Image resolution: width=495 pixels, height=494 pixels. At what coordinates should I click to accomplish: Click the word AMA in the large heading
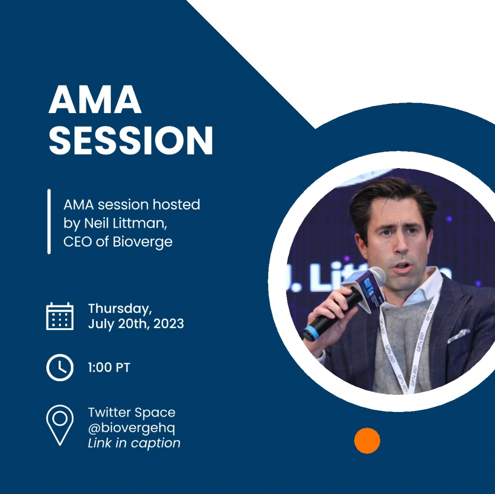[95, 99]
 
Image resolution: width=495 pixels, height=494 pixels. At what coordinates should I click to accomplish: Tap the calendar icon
[60, 316]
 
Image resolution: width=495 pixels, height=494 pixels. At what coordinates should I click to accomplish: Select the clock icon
[60, 367]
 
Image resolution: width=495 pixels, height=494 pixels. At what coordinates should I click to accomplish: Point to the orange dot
[367, 441]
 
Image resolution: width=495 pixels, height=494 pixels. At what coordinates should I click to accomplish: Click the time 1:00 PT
[109, 367]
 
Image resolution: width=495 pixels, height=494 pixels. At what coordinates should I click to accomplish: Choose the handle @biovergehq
[131, 428]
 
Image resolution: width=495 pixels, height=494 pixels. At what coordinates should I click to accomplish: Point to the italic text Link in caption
[134, 443]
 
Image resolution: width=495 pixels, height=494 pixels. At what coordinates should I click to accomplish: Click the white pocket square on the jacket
[458, 335]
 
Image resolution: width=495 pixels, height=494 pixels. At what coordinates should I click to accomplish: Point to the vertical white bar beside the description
[49, 221]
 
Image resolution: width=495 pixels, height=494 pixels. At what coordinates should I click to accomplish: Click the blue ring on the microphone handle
[311, 333]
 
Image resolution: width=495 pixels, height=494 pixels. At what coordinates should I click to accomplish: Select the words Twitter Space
[132, 412]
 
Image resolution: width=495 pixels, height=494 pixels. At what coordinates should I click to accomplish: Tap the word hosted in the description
[176, 205]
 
